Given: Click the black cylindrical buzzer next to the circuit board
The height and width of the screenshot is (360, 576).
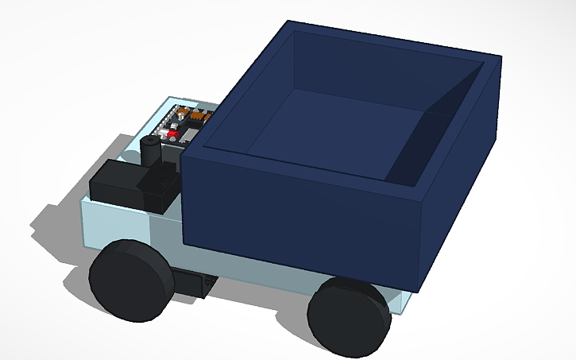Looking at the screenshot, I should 150,150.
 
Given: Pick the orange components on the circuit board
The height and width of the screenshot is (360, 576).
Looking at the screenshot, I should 195,118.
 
